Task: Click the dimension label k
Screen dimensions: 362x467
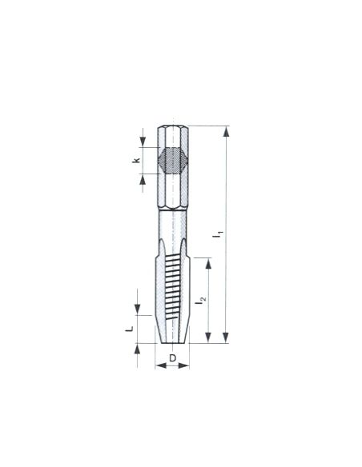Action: pos(136,161)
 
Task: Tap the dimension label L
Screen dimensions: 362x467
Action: pos(129,329)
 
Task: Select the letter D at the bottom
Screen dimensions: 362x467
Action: pos(173,358)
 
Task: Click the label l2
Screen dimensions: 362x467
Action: pos(200,300)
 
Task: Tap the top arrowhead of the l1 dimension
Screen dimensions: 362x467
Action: pos(227,131)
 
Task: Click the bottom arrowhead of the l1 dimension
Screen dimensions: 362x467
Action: pos(226,337)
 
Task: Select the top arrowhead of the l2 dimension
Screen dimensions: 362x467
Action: pos(208,264)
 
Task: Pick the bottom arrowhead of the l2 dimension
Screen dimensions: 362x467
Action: pos(208,337)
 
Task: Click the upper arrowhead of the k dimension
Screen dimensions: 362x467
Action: pos(143,142)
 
